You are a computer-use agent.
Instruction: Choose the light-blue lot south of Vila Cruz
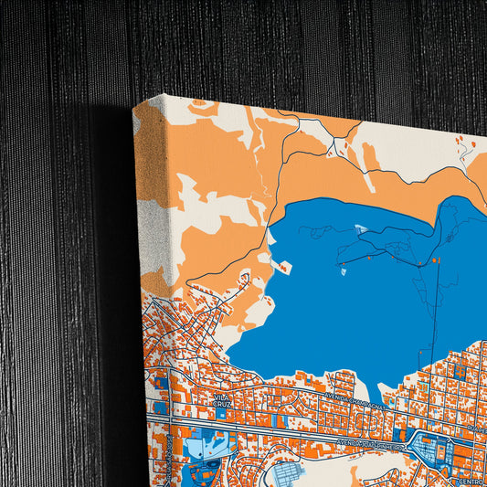(200, 447)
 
